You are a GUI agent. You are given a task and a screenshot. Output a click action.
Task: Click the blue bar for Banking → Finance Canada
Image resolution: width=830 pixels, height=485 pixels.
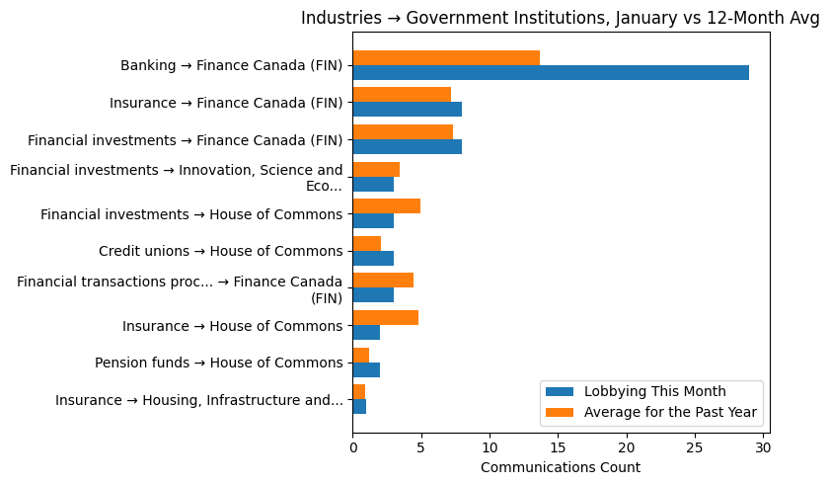tap(550, 72)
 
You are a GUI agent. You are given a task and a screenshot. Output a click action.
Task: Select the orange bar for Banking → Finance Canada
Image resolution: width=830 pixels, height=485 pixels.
tap(446, 57)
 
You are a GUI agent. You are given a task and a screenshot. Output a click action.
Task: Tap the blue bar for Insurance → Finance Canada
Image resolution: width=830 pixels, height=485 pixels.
tap(407, 110)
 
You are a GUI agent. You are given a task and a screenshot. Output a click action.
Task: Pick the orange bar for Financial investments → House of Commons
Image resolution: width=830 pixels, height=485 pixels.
tap(386, 205)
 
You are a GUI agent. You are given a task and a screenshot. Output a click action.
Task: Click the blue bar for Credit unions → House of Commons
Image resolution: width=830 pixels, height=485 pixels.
tap(373, 258)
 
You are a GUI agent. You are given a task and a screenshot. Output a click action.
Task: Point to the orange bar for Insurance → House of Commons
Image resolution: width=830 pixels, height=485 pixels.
tap(385, 317)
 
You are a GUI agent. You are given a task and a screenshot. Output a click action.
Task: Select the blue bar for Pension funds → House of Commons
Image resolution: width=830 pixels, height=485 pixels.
tap(366, 369)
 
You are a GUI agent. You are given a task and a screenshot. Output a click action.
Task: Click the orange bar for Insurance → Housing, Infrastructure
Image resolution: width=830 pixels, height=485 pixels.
tap(358, 391)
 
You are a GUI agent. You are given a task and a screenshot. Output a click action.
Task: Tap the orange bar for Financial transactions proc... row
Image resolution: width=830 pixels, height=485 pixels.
tap(383, 280)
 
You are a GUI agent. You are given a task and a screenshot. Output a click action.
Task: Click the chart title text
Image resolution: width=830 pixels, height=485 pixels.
tap(560, 18)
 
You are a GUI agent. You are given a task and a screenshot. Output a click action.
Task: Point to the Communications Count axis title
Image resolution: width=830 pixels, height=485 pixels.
tap(560, 467)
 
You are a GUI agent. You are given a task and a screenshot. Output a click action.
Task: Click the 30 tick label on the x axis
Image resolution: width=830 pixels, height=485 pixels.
tap(763, 447)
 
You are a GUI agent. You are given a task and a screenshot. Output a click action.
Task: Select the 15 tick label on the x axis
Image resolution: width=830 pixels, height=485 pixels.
tap(558, 447)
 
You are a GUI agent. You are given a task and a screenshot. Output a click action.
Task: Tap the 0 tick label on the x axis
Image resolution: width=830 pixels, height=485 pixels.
tap(352, 447)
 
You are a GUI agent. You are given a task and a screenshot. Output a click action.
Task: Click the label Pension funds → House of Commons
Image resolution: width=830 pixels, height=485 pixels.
tap(218, 363)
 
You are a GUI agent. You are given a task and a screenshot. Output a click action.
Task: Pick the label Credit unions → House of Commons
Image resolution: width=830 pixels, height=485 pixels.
tap(220, 251)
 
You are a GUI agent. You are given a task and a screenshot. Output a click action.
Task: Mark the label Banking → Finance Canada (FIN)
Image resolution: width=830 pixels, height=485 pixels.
tap(231, 65)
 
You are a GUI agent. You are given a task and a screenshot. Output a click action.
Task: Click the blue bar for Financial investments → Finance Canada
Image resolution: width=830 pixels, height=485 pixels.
tap(407, 146)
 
